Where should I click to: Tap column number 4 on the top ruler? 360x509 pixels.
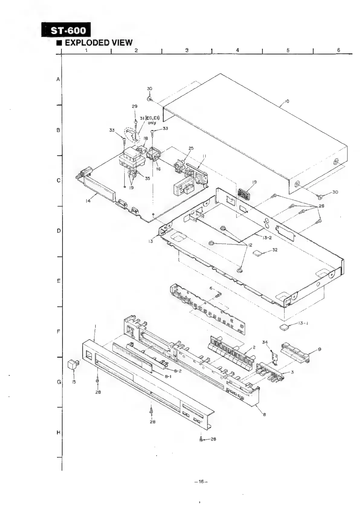tap(238, 50)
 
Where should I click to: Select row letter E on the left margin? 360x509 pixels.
tap(58, 281)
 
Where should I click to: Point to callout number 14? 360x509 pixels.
tap(88, 201)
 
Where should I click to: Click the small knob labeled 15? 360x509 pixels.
tap(73, 364)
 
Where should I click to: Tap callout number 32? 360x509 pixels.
tap(275, 250)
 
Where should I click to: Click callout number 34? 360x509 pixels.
tap(265, 342)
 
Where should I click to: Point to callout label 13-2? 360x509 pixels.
tap(267, 238)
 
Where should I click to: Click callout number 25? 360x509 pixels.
tap(191, 148)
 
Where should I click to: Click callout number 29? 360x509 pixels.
tap(135, 106)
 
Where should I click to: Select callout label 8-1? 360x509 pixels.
tap(168, 377)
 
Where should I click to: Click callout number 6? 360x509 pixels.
tap(211, 288)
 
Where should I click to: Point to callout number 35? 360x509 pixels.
tap(147, 178)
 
